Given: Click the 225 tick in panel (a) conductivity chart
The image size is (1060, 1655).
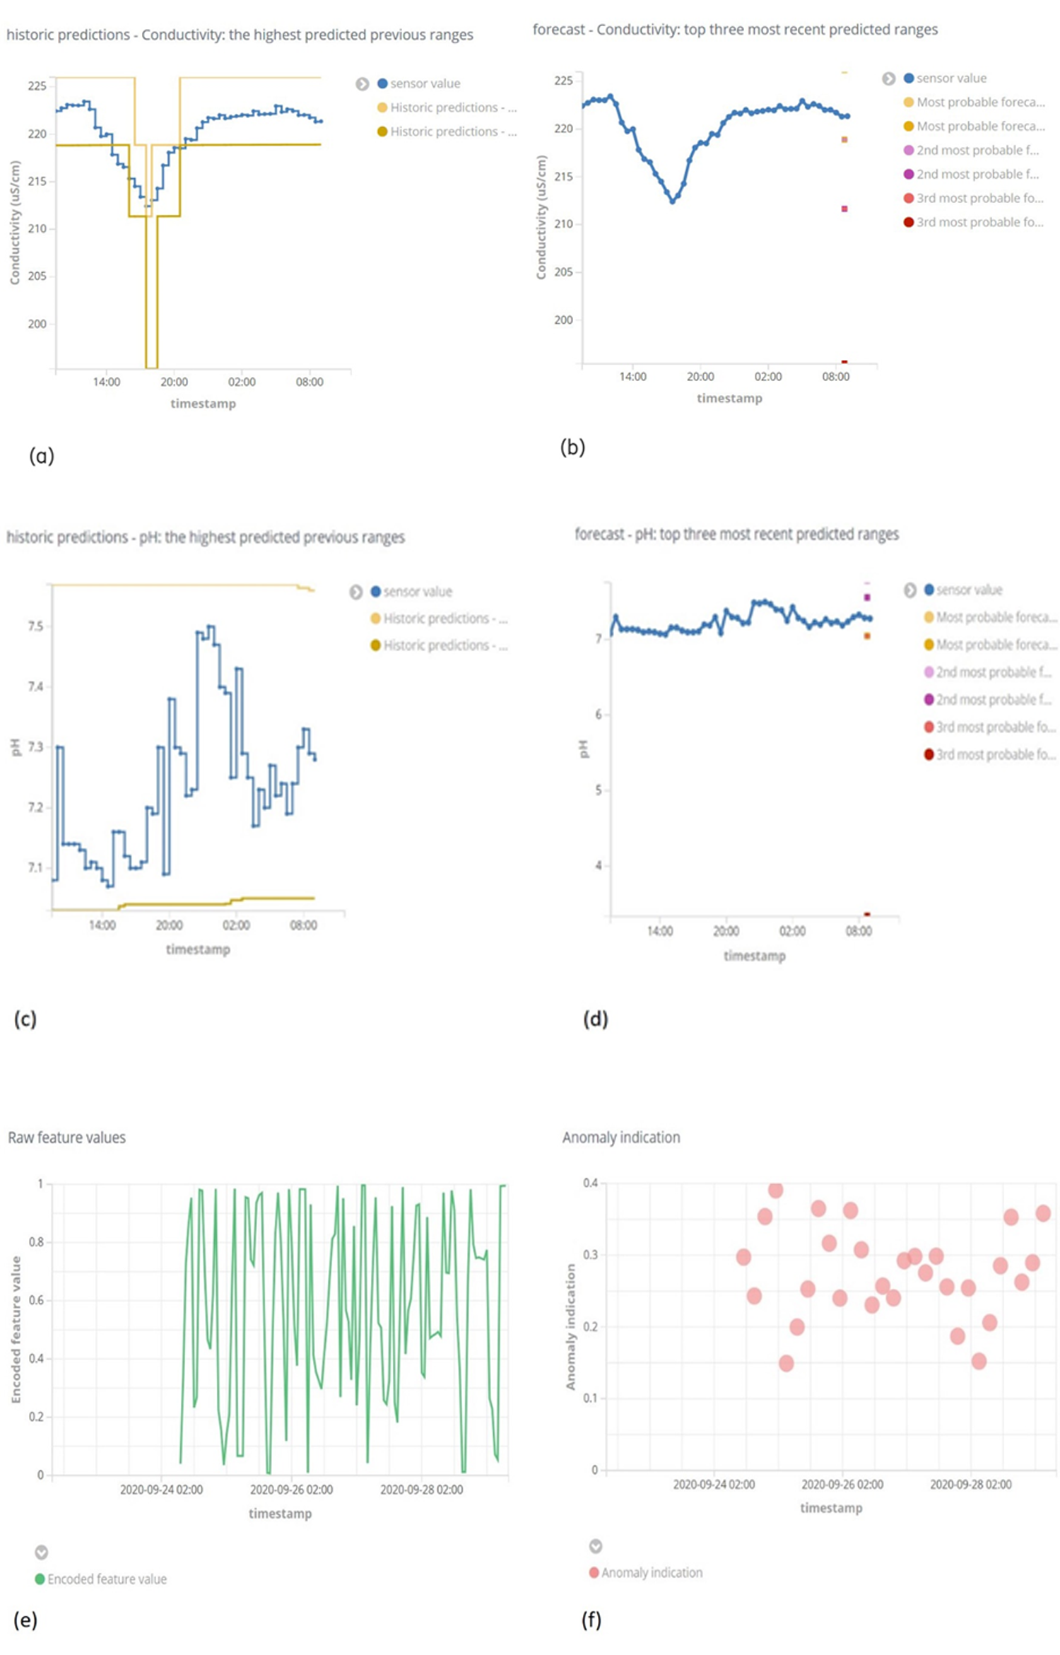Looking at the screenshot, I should point(37,86).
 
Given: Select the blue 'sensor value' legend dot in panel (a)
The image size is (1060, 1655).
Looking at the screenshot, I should point(382,83).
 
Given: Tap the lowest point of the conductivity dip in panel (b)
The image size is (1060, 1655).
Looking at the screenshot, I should point(673,201).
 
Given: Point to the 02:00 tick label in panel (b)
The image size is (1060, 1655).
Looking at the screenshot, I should point(767,377).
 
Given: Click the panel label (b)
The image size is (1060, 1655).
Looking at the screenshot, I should point(572,448).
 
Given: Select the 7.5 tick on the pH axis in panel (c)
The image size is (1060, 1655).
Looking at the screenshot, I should point(35,626).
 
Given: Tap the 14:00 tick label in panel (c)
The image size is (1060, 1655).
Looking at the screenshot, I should point(102,925).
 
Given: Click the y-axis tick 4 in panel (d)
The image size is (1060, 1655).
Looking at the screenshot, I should point(599,865).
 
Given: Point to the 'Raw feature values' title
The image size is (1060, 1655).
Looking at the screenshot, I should point(66,1138).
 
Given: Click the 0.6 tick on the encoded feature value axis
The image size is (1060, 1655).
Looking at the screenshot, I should point(35,1300).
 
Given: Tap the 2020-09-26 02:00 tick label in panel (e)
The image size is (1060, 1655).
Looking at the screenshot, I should point(291,1490).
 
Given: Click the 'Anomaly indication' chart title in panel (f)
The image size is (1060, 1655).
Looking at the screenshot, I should point(620,1138).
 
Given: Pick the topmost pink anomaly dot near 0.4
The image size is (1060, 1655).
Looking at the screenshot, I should point(775,1191).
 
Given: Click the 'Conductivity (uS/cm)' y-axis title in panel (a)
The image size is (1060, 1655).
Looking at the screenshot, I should point(14,223).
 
